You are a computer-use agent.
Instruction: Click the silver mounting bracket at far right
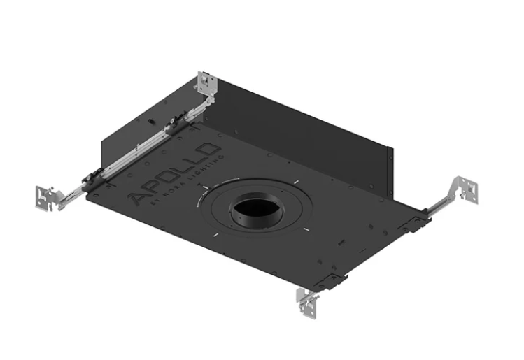pyautogui.click(x=464, y=188)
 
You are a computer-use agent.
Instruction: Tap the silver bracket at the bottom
pyautogui.click(x=307, y=300)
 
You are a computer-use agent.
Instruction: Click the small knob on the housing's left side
pyautogui.click(x=151, y=120)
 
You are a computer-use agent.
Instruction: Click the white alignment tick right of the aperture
pyautogui.click(x=306, y=231)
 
